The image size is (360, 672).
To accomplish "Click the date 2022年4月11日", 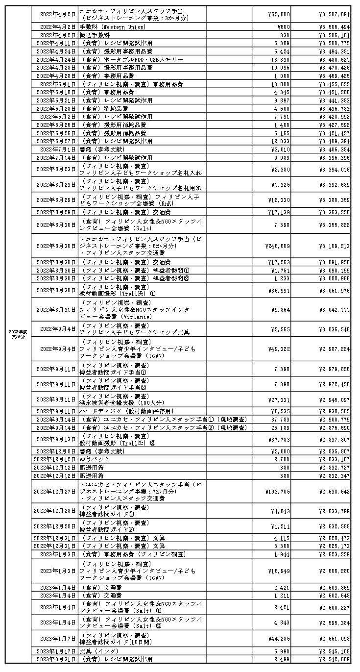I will pos(56,43).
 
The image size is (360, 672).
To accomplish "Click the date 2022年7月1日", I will pos(58,149).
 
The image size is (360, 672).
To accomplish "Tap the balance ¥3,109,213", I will pos(334,245).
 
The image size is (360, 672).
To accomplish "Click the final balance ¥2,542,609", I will pos(334,659).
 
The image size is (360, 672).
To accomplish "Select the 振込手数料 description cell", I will pos(93,35).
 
